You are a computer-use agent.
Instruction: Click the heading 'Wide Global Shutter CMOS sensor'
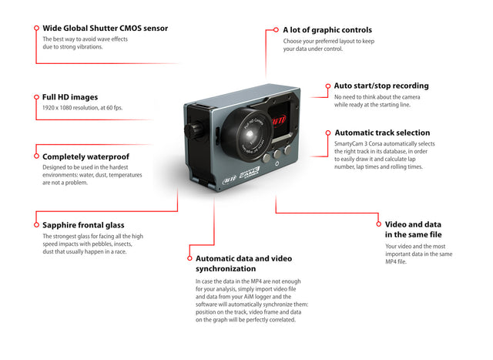point(105,29)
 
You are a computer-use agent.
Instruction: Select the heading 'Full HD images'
point(70,97)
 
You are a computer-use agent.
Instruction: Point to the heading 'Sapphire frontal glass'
point(89,225)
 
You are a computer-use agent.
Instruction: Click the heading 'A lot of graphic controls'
point(327,30)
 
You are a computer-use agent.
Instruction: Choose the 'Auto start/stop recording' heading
point(381,86)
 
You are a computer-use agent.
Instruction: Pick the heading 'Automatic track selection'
point(382,133)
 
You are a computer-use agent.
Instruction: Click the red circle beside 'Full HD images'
point(35,97)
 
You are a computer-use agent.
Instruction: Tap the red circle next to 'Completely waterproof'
point(35,156)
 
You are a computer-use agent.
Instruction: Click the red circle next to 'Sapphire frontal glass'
point(35,225)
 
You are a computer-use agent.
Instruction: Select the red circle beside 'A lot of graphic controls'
point(275,30)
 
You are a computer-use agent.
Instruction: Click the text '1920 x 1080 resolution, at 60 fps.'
point(88,108)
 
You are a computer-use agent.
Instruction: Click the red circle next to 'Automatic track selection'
point(327,133)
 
